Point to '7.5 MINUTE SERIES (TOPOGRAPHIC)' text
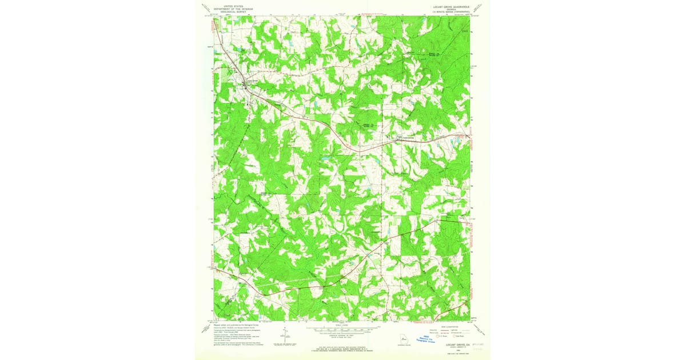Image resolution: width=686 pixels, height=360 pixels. [447, 12]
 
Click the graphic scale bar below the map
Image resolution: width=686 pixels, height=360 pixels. [343, 330]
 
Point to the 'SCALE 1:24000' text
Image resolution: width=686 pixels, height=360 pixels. [343, 326]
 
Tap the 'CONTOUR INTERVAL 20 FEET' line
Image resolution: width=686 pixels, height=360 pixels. [343, 337]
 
